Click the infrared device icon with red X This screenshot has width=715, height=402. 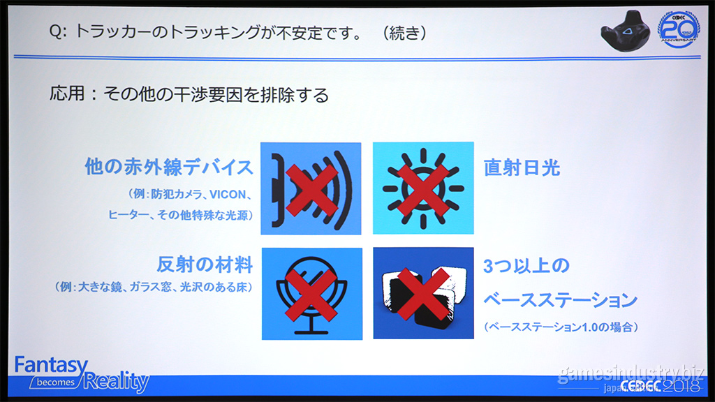[x=311, y=188]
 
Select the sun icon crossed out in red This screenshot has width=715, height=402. [x=423, y=188]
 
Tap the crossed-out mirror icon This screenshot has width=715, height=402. [x=312, y=294]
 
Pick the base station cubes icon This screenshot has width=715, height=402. [x=423, y=294]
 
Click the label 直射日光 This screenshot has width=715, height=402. [x=522, y=167]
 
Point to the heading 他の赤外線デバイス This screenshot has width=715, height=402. [x=169, y=167]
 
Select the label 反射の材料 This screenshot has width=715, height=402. [x=205, y=265]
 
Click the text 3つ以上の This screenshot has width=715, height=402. [x=526, y=266]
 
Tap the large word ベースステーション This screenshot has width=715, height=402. [x=561, y=300]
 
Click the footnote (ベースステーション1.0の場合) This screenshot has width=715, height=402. [x=561, y=327]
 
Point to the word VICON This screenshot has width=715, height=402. [x=228, y=195]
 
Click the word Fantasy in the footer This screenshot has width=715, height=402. [x=50, y=365]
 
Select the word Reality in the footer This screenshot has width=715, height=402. [x=117, y=381]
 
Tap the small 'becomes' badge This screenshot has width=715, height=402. [x=55, y=382]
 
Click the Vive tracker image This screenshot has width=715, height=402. [x=626, y=31]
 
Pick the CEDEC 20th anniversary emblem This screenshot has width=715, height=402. [x=678, y=29]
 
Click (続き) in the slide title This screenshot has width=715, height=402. [x=404, y=32]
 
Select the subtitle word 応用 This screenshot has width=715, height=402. [x=67, y=94]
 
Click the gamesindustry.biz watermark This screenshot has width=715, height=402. [x=631, y=374]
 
